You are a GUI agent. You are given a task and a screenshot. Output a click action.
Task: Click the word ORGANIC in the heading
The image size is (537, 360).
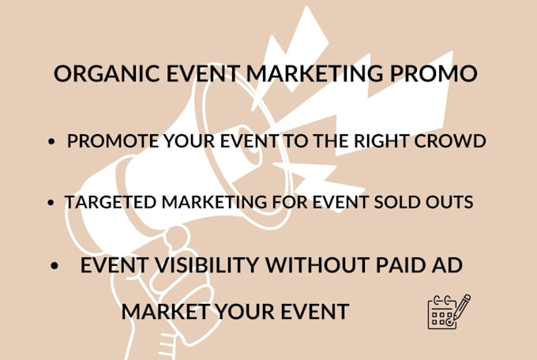coord(107,73)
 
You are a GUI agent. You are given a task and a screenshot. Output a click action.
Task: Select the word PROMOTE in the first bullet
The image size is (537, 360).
coord(113,141)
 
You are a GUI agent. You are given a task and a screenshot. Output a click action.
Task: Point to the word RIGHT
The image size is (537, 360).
coord(381,141)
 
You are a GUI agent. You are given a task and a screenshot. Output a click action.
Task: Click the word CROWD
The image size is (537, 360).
coord(450,141)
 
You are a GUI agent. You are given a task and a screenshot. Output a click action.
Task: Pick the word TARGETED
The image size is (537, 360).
coord(111,202)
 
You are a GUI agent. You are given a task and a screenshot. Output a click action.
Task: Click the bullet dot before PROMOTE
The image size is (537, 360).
coord(51,141)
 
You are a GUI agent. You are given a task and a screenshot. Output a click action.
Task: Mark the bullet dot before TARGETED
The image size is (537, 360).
coord(51,202)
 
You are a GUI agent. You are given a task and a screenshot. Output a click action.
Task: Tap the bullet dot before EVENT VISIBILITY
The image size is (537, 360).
coord(54,265)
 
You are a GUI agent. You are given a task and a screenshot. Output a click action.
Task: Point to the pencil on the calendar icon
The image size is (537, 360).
coord(460,307)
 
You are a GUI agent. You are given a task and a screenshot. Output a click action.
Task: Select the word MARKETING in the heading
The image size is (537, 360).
coord(314,73)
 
